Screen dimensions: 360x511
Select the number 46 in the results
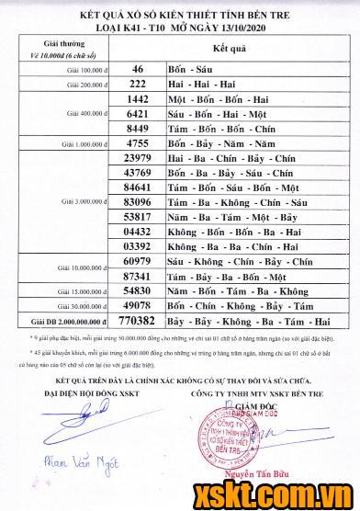(x=138, y=69)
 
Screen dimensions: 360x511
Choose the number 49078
(x=136, y=305)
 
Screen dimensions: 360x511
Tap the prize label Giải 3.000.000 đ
(x=84, y=201)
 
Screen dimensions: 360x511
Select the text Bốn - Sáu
(x=194, y=69)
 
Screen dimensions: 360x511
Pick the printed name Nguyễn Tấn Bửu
(x=260, y=476)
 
